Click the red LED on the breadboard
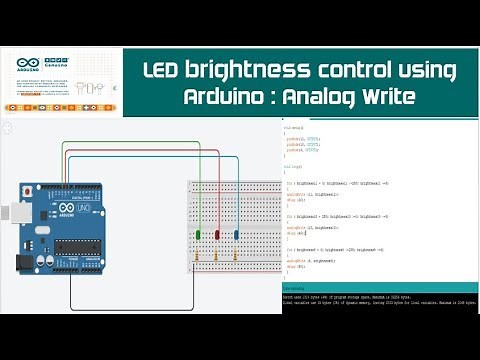(x=199, y=236)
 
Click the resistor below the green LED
(x=217, y=257)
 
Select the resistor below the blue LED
(x=236, y=257)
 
